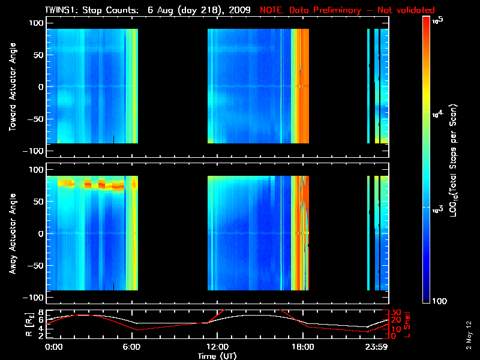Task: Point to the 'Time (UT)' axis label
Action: (217, 356)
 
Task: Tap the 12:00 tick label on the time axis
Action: (217, 347)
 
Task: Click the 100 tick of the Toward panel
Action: (37, 22)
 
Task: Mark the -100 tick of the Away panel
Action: (35, 298)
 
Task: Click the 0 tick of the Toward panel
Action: (41, 86)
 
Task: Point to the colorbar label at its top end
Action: (438, 19)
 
